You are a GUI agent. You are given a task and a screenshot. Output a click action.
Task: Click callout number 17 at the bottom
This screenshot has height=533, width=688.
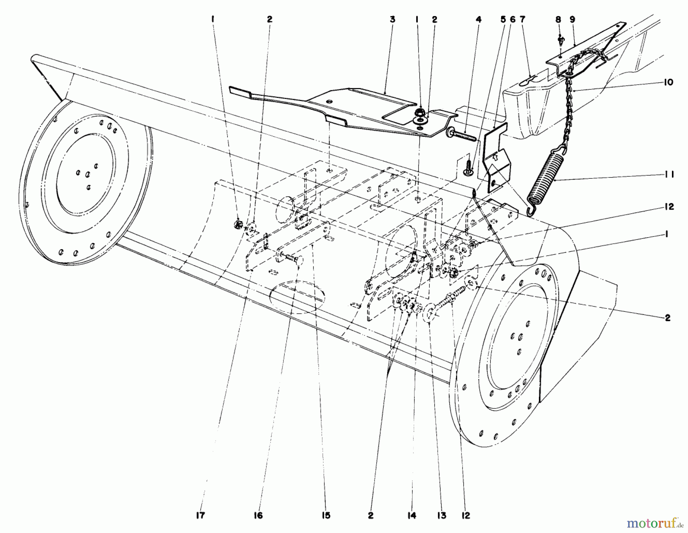(x=200, y=516)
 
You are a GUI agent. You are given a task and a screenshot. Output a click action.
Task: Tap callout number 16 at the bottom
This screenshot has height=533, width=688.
(x=258, y=516)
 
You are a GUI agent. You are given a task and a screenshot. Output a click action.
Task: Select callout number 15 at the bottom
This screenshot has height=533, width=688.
(x=325, y=516)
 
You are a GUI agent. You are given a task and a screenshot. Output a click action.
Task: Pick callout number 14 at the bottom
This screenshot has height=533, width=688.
(x=411, y=516)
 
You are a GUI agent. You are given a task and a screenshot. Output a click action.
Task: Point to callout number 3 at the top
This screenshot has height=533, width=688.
(x=392, y=19)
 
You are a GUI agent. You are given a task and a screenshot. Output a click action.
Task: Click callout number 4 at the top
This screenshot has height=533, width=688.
(x=478, y=19)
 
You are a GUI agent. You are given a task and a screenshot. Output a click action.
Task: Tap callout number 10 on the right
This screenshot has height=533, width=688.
(x=669, y=82)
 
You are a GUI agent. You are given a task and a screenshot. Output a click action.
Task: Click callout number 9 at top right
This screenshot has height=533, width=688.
(x=572, y=19)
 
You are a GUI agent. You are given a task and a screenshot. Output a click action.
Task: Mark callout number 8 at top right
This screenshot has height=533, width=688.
(x=558, y=19)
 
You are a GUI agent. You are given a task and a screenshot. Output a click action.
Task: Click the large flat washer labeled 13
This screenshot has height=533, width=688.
(x=431, y=309)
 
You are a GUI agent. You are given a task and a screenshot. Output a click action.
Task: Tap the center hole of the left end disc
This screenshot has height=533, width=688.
(x=88, y=174)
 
